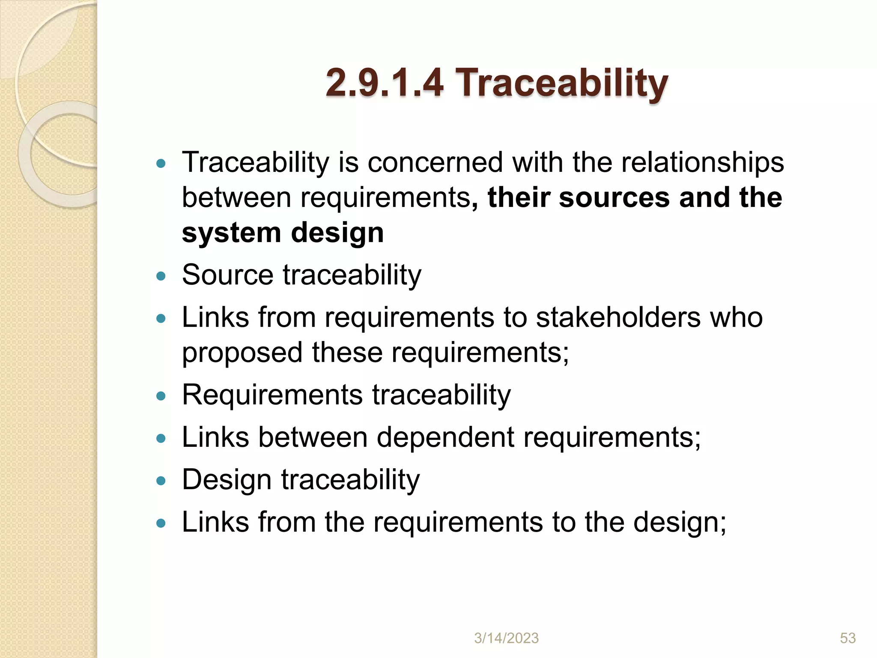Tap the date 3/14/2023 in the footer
[506, 638]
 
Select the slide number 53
[847, 638]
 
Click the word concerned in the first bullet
[435, 163]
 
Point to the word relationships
[702, 163]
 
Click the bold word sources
[614, 198]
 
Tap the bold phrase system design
[283, 233]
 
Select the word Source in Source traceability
[227, 275]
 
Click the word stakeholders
[618, 317]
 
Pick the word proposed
[242, 353]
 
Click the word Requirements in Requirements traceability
[272, 395]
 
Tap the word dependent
[445, 437]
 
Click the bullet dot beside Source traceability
[161, 276]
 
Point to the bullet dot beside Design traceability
[161, 481]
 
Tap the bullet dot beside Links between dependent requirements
[161, 439]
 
